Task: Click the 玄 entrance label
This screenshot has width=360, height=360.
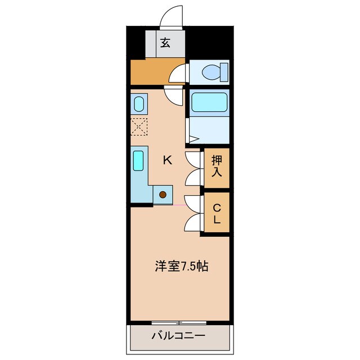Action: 165,42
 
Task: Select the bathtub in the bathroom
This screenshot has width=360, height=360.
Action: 209,102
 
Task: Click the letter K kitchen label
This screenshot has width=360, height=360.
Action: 167,160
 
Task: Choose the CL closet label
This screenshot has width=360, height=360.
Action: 217,213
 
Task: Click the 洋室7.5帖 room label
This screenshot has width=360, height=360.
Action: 182,266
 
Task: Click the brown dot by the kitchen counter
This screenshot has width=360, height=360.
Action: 163,195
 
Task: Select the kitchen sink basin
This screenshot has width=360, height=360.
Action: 138,160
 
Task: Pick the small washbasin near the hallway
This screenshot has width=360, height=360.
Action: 138,104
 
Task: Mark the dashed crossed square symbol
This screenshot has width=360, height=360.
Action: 138,127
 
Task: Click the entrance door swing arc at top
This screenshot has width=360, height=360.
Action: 172,16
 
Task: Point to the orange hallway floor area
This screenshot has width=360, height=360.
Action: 149,72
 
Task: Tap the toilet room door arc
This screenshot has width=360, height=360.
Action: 180,74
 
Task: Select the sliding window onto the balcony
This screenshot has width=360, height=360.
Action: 179,323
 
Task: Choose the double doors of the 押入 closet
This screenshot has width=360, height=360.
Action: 193,166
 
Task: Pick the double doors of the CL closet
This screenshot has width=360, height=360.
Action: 193,213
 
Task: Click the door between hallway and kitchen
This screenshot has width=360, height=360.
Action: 174,94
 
